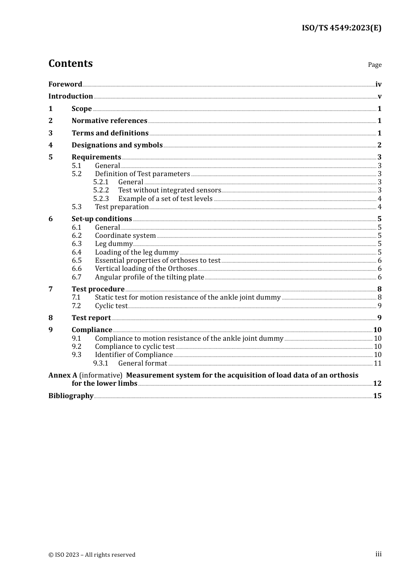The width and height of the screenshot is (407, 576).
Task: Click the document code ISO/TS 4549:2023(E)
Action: (341, 28)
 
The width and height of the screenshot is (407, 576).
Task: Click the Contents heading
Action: (70, 63)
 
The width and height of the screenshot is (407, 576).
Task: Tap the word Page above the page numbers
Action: (374, 65)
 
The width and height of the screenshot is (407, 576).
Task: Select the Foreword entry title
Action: (65, 84)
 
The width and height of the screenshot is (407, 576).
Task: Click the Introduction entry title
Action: (71, 96)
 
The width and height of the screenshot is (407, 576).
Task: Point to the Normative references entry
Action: (109, 121)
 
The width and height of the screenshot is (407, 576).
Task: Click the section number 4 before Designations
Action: (51, 145)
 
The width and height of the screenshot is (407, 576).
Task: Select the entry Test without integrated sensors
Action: (170, 190)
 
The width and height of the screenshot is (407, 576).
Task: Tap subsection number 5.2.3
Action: (101, 198)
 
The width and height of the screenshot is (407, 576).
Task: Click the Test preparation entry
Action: (122, 207)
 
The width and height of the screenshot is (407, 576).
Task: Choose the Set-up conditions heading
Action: (102, 219)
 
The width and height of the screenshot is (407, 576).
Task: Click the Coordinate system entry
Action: (125, 236)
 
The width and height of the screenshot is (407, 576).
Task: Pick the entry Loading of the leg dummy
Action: (137, 252)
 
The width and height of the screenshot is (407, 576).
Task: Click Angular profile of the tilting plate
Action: (149, 277)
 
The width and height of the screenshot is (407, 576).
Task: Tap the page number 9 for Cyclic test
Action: (379, 306)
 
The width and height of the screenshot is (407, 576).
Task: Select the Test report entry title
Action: (91, 318)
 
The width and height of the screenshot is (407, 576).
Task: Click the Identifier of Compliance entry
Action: (134, 355)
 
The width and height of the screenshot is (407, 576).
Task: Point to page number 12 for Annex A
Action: (377, 384)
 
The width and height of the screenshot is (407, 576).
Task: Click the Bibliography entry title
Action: (71, 396)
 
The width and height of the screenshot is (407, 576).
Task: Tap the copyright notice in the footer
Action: (92, 555)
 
